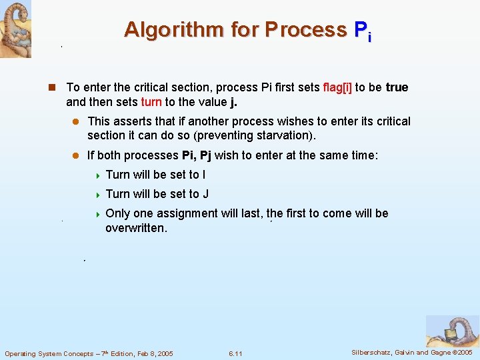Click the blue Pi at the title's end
pyautogui.click(x=363, y=31)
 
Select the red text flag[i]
pyautogui.click(x=337, y=87)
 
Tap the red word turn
pyautogui.click(x=151, y=102)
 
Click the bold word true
pyautogui.click(x=397, y=87)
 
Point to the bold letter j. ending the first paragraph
pyautogui.click(x=233, y=102)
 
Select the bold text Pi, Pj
pyautogui.click(x=197, y=155)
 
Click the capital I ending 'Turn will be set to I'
pyautogui.click(x=203, y=175)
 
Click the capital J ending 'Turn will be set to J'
pyautogui.click(x=205, y=194)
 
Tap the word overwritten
pyautogui.click(x=136, y=228)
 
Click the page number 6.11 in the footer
pyautogui.click(x=235, y=353)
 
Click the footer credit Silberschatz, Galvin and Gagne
pyautogui.click(x=391, y=352)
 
